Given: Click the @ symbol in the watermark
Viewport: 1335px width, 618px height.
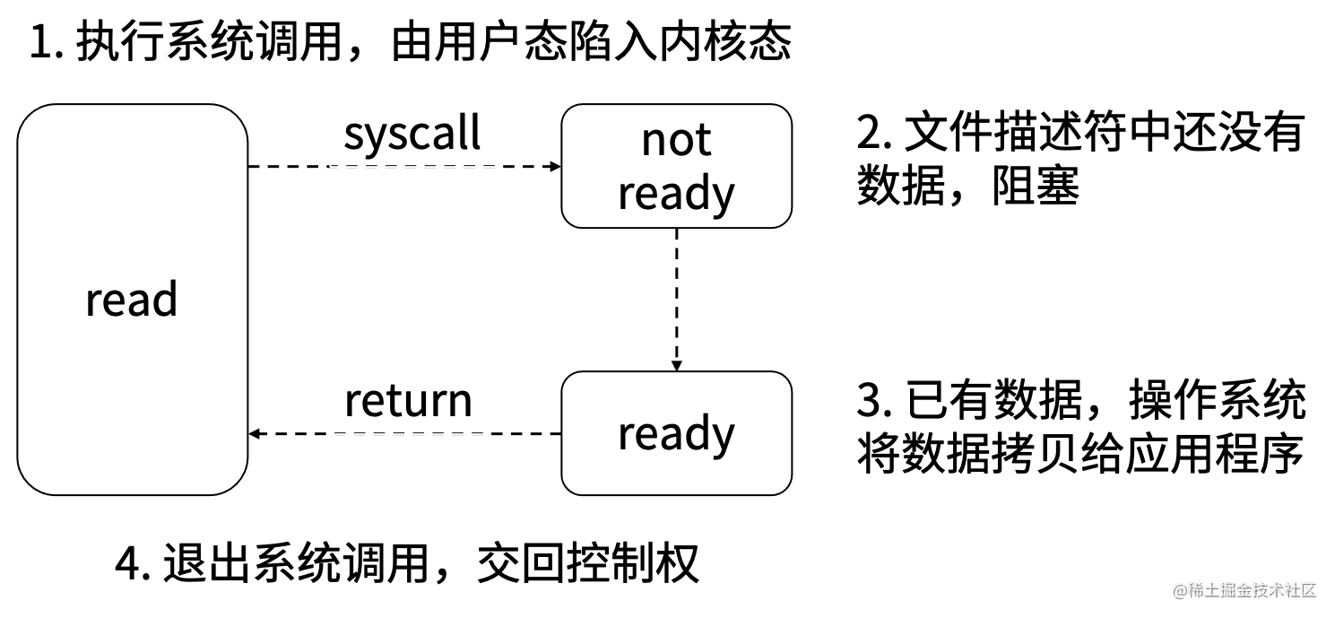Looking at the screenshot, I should click(x=1179, y=589).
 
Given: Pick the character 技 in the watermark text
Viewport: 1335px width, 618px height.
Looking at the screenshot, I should click(x=1260, y=589).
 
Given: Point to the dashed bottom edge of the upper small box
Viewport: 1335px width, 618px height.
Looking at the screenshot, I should click(x=412, y=168).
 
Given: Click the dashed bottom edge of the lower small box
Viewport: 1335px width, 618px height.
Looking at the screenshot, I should click(x=409, y=434).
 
